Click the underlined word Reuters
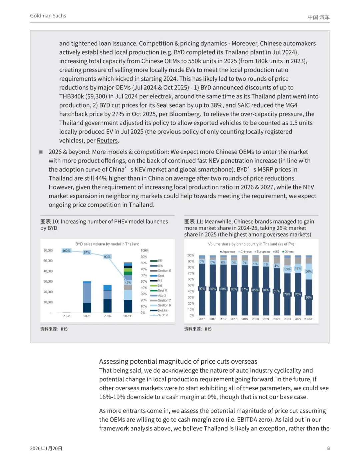click(x=107, y=140)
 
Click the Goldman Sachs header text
click(x=48, y=16)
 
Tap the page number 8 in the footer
click(x=328, y=448)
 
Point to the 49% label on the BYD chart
click(x=128, y=283)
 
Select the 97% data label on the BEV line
click(x=87, y=252)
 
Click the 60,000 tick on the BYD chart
click(x=48, y=251)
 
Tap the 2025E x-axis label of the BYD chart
click(x=128, y=316)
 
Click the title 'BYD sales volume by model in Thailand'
click(x=107, y=244)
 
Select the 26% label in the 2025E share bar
click(x=309, y=272)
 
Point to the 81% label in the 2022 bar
click(x=277, y=291)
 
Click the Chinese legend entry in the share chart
click(x=245, y=252)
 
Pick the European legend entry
click(x=262, y=252)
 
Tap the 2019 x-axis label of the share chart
click(x=245, y=319)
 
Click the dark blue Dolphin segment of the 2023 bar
click(x=87, y=308)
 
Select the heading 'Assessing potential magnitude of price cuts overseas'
click(x=178, y=361)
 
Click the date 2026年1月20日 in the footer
click(x=46, y=448)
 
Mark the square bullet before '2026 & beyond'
click(x=41, y=152)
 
